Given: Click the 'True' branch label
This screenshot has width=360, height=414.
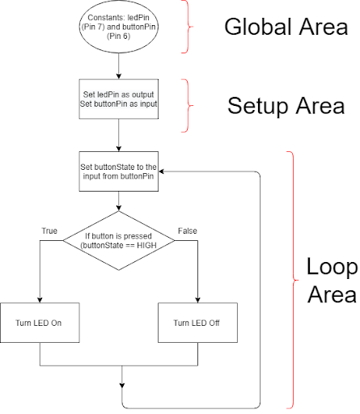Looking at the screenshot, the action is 49,231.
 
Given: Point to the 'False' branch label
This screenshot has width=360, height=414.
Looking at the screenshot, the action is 188,231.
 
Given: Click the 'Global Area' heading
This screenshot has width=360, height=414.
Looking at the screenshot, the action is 286,27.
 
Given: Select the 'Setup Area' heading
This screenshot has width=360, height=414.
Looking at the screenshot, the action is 286,106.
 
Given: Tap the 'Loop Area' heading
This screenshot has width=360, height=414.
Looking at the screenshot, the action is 332,281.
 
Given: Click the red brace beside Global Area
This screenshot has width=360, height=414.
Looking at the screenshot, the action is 188,27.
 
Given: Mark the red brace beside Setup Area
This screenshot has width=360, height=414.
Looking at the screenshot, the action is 188,106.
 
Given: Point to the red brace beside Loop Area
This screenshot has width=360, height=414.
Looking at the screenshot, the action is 293,281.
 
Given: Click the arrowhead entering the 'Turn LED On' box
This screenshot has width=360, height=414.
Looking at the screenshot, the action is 40,300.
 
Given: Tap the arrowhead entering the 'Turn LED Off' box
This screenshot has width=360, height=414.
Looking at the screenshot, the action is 197,300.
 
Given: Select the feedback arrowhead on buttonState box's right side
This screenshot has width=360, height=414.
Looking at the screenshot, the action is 162,171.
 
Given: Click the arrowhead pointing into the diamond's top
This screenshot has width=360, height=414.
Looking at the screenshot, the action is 119,208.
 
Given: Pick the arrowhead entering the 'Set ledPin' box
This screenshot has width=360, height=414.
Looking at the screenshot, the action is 119,76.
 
